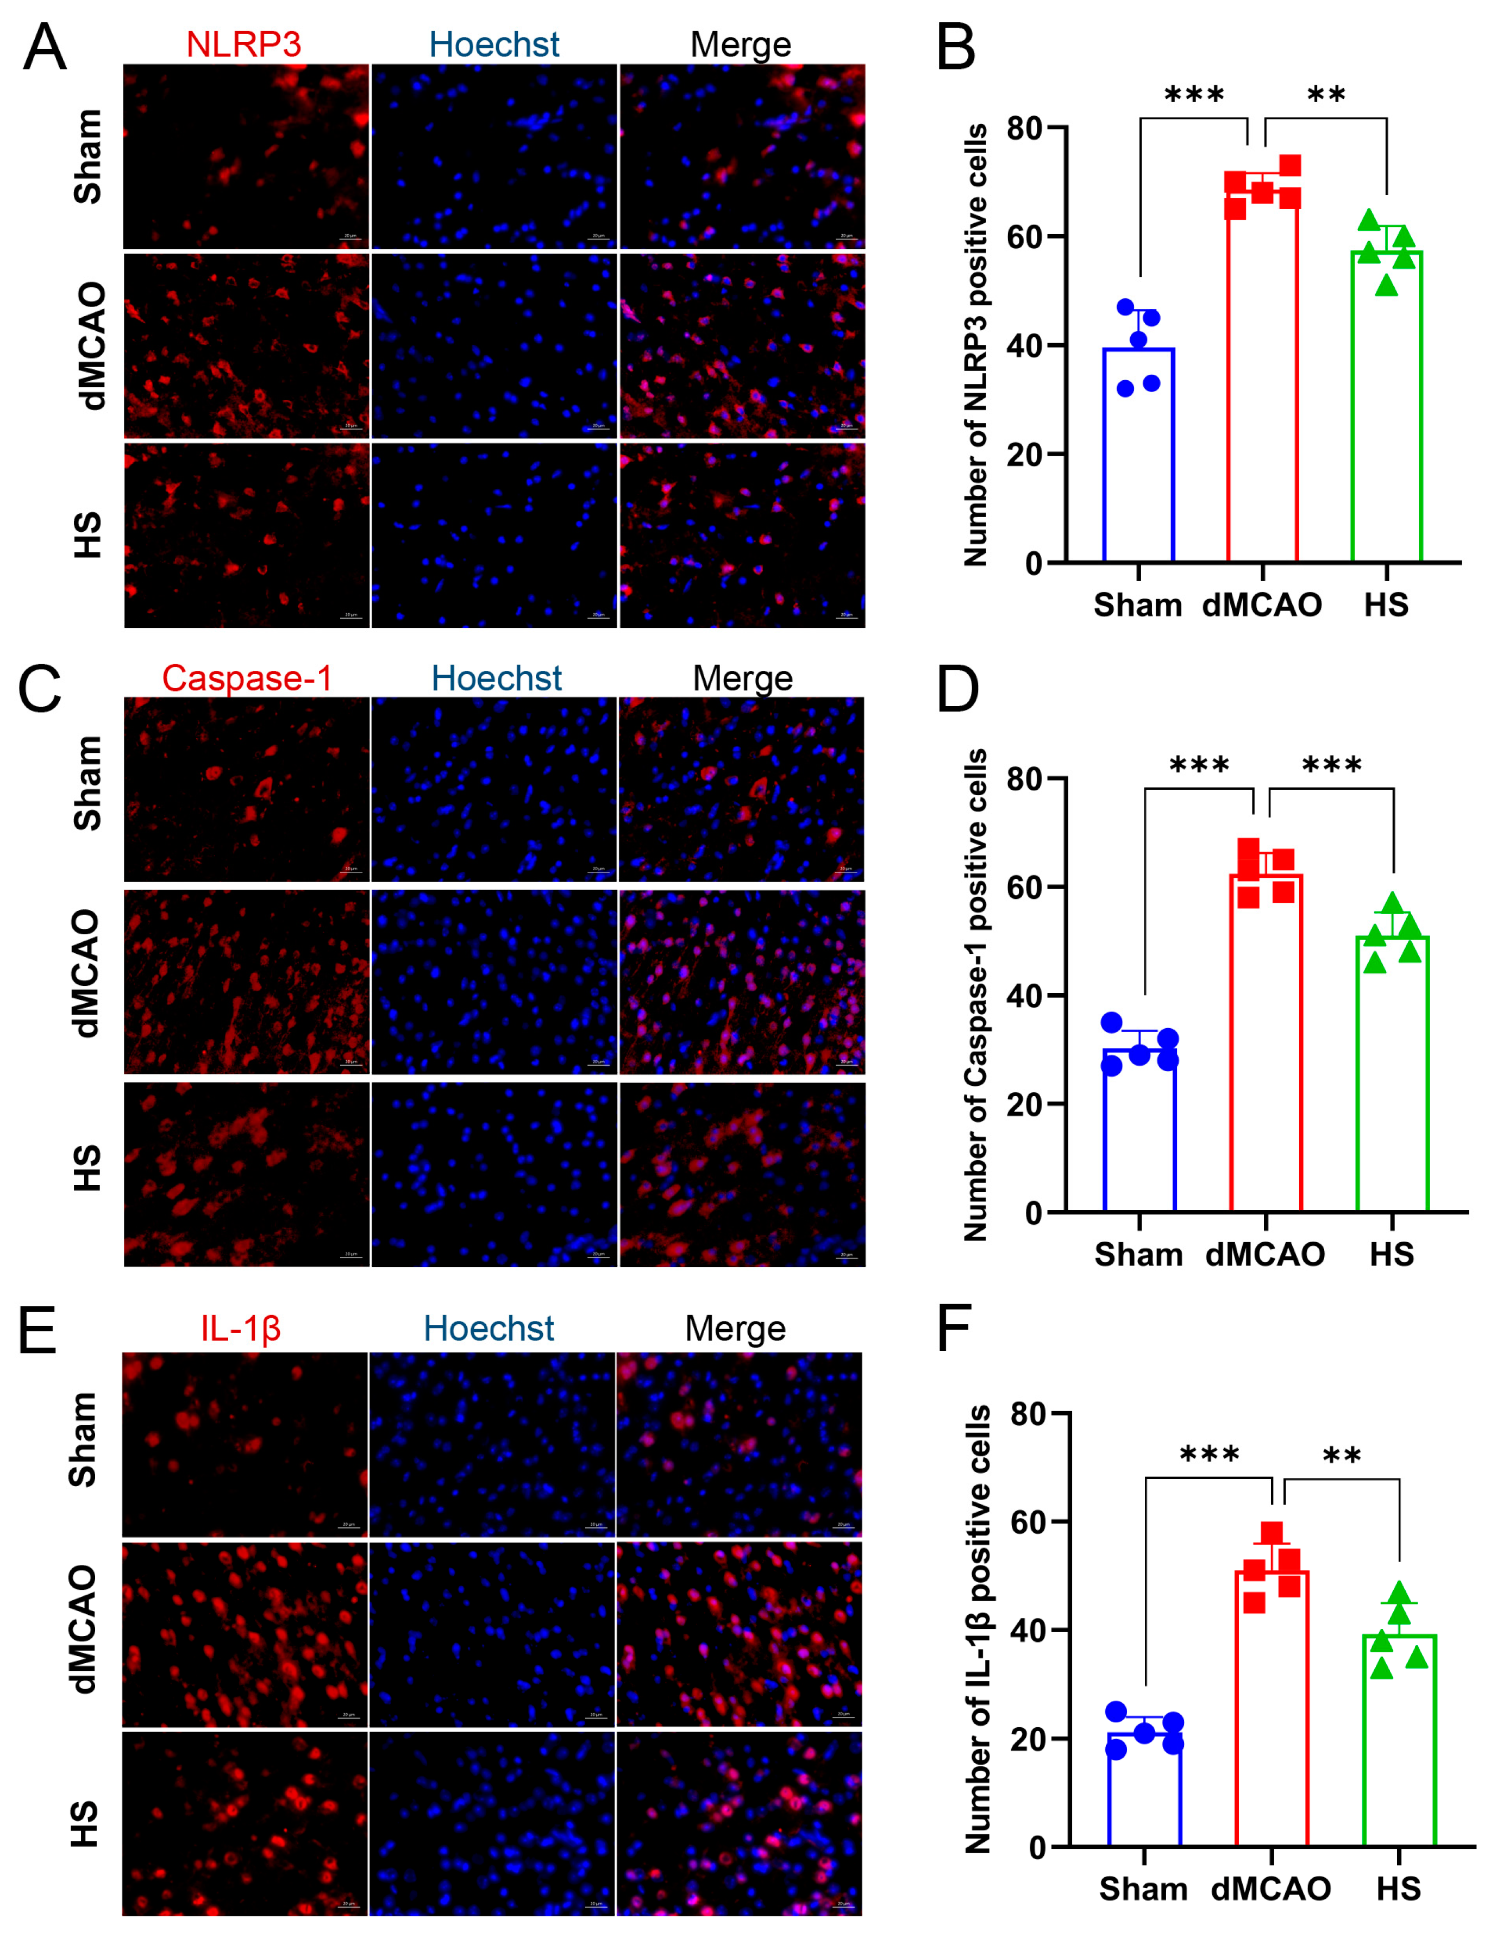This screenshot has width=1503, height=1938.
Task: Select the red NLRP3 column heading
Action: click(x=243, y=45)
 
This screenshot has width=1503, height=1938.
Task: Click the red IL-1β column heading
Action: click(x=241, y=1329)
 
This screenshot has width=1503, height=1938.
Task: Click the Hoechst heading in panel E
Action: click(x=489, y=1329)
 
